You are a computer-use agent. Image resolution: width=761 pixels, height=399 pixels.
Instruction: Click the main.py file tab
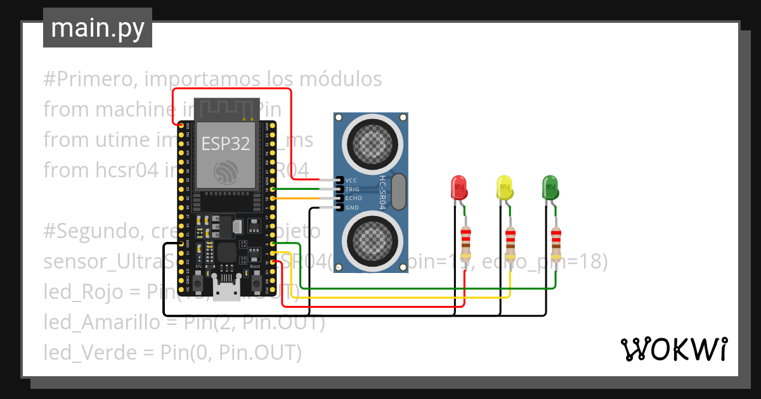[x=97, y=28]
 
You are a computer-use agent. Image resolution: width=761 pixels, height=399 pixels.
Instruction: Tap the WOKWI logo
[x=673, y=349]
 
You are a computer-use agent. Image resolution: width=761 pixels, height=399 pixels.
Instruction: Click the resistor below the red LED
[x=466, y=243]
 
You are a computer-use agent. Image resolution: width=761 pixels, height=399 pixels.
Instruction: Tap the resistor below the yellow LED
[x=511, y=243]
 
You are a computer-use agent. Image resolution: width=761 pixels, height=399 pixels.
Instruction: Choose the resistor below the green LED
[x=556, y=243]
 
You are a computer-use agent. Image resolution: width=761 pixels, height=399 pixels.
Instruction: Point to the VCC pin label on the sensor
[x=352, y=180]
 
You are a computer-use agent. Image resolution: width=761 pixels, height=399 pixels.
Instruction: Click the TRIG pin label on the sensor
[x=353, y=189]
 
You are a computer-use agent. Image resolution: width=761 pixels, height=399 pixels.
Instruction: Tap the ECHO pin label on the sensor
[x=353, y=198]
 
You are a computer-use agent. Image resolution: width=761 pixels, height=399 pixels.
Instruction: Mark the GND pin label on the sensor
[x=352, y=208]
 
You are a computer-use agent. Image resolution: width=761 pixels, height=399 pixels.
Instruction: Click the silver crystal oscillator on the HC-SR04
[x=398, y=192]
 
